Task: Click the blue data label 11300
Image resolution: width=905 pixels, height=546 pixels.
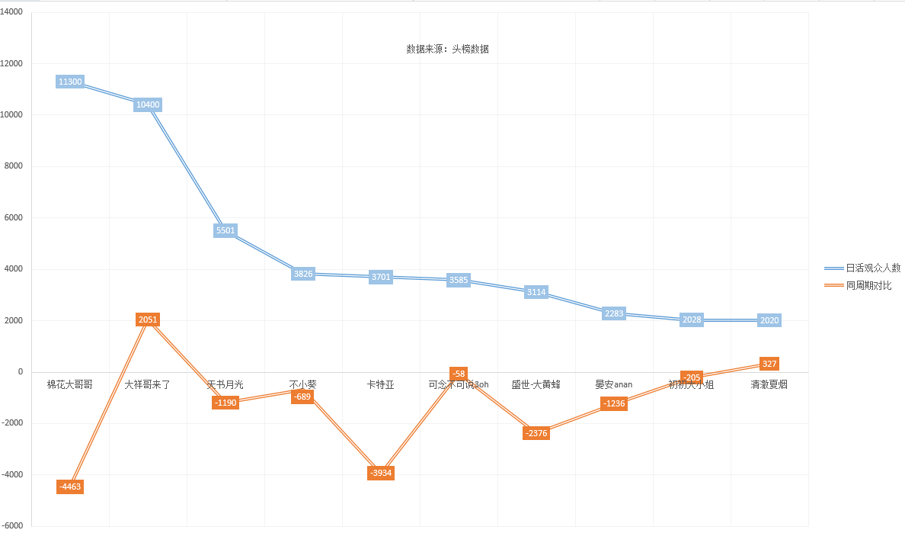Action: click(x=69, y=82)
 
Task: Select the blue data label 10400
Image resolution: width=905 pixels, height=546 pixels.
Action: click(x=148, y=104)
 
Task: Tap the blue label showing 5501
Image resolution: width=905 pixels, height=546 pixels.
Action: click(x=225, y=230)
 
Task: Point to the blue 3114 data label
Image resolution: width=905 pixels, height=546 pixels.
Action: click(x=536, y=292)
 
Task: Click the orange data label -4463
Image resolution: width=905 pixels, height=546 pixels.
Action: click(x=69, y=487)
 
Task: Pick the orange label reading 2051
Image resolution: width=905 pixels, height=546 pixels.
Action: click(x=148, y=320)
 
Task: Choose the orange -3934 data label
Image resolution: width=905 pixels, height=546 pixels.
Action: click(x=381, y=473)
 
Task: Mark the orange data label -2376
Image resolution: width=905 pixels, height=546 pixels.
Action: click(x=536, y=433)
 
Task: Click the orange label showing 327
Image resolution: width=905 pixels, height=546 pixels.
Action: click(x=769, y=364)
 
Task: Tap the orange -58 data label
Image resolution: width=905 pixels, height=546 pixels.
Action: click(x=458, y=374)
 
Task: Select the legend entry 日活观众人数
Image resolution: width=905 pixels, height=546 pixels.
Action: click(x=873, y=268)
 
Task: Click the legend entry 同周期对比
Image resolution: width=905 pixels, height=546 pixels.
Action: click(x=868, y=285)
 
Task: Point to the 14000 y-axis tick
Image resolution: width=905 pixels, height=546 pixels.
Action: click(x=11, y=12)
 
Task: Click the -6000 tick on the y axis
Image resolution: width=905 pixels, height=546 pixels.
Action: click(x=11, y=526)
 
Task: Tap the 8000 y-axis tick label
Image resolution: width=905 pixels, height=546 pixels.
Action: click(x=14, y=166)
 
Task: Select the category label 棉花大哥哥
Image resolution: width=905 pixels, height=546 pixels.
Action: click(x=69, y=385)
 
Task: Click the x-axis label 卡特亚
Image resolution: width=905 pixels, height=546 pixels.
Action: click(x=380, y=385)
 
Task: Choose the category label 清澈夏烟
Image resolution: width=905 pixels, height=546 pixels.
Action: click(x=769, y=385)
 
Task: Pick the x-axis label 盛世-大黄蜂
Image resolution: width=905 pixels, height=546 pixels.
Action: click(x=536, y=385)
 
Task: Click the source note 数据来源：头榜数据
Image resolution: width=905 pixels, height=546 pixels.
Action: click(x=447, y=49)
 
